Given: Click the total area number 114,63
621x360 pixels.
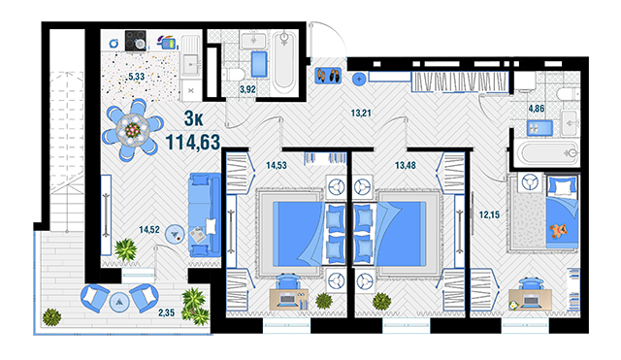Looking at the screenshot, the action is pos(192,143).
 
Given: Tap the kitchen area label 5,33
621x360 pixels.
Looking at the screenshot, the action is pos(136,77).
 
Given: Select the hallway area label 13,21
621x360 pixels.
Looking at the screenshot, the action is pos(361,114).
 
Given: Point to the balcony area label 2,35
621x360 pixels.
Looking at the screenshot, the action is pos(166,312).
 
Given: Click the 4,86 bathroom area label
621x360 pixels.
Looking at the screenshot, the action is pos(537,109).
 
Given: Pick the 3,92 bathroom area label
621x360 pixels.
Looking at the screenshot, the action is pos(247,89).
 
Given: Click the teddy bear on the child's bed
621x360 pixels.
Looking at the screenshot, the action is pos(559,231).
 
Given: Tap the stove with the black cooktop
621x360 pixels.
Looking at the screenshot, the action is pos(136,41).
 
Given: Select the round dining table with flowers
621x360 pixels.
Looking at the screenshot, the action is pos(133,130).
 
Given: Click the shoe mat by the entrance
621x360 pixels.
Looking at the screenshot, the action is pos(328,76).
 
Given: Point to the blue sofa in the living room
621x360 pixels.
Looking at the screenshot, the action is pos(205,214).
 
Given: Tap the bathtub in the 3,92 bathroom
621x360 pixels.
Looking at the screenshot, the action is pos(284,62).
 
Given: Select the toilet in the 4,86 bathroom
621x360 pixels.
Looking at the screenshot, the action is pos(568,95).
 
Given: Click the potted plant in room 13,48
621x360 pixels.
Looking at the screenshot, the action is pos(381,302).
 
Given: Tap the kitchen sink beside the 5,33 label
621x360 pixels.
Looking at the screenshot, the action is pos(191,62).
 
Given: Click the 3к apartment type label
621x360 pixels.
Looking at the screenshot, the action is pos(194,118).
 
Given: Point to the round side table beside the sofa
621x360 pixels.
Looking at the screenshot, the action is pos(175,235).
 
